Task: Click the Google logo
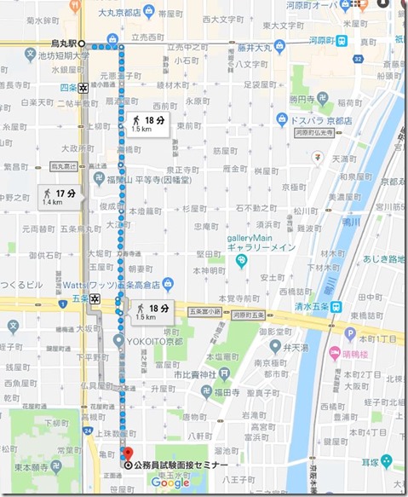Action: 170,483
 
